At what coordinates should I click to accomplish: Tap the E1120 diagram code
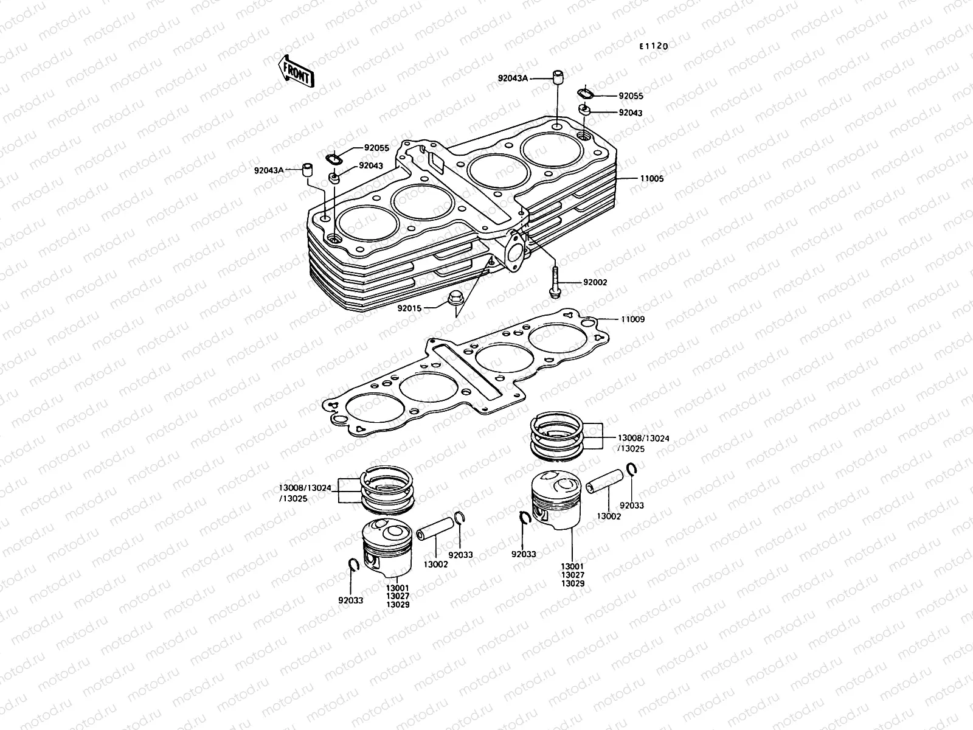tap(653, 46)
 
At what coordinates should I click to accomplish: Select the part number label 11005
tap(652, 179)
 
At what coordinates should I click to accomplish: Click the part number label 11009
tap(632, 319)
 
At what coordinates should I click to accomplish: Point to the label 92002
tap(595, 283)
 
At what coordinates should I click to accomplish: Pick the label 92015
tap(410, 308)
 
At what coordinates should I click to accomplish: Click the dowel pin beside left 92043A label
tap(308, 169)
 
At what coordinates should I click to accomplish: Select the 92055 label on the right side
tap(631, 96)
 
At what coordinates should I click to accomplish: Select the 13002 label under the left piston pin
tap(435, 565)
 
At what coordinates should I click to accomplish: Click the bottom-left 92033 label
tap(351, 600)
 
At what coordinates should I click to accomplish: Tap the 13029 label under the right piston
tap(573, 583)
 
